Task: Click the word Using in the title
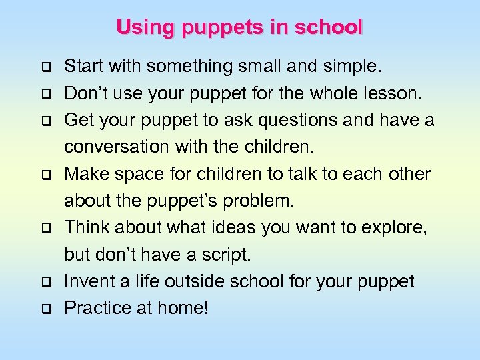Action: click(x=137, y=27)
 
